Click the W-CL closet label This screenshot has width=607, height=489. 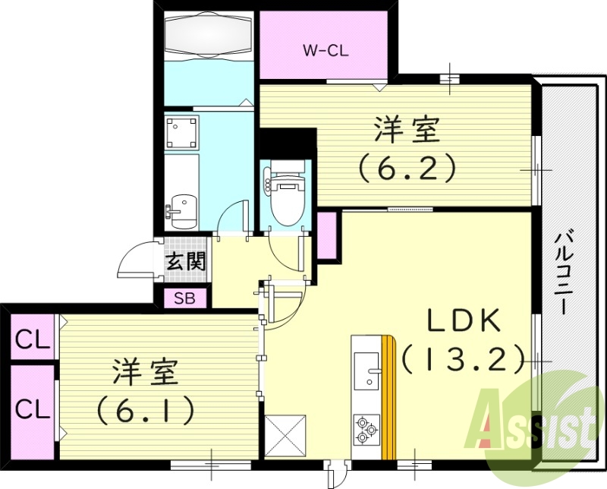click(x=326, y=52)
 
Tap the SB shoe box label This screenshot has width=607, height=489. click(x=184, y=298)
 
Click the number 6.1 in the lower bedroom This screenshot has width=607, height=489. click(x=145, y=410)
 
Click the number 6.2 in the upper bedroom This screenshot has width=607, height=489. click(x=407, y=166)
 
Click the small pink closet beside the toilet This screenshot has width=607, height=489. click(x=327, y=236)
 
